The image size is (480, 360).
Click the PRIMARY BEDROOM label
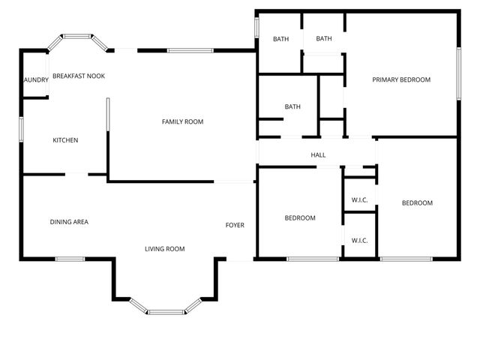[x=401, y=79]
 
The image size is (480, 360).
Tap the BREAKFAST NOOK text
[x=78, y=76]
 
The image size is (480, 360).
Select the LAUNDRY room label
[x=35, y=79]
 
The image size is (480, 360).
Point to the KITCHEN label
[x=65, y=140]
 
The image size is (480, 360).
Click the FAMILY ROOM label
[x=182, y=121]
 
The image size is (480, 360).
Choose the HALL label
[x=318, y=155]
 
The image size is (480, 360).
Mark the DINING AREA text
[x=69, y=221]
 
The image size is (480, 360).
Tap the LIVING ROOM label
[x=165, y=248]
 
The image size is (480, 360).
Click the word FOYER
[x=235, y=225]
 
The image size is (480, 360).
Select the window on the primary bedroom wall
[x=457, y=73]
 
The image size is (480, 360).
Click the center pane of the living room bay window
[x=166, y=311]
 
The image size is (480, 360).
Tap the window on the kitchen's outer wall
[x=21, y=128]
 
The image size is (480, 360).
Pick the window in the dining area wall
[x=69, y=259]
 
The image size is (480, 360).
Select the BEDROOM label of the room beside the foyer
[x=300, y=218]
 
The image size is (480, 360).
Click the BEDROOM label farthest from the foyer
[x=417, y=202]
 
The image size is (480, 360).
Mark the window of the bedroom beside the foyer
[x=313, y=259]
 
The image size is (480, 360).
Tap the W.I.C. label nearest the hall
[x=359, y=200]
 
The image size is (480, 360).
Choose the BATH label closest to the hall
[x=292, y=106]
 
